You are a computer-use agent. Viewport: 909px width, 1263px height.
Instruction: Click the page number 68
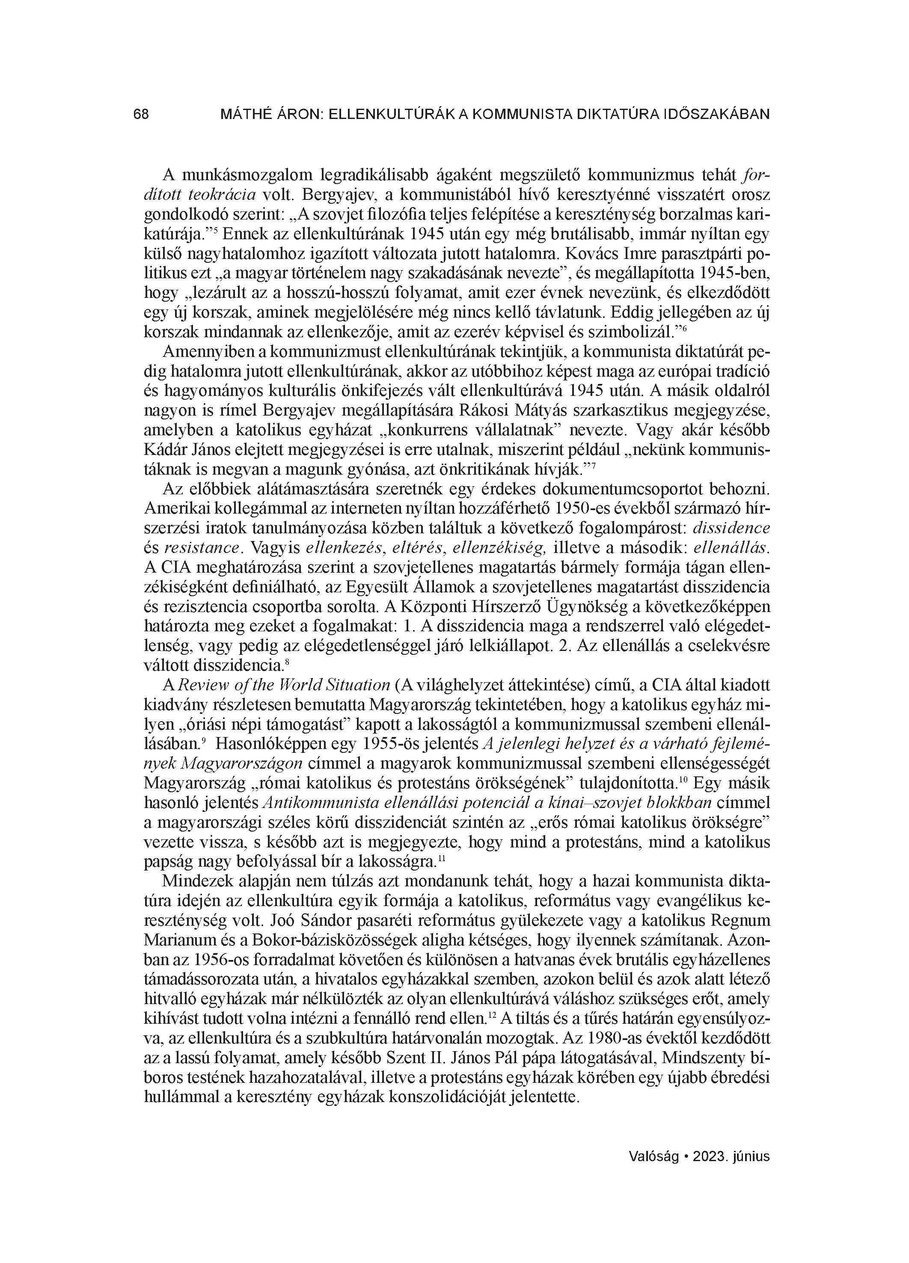(141, 114)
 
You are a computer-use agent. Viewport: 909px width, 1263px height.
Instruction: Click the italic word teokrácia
(224, 194)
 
